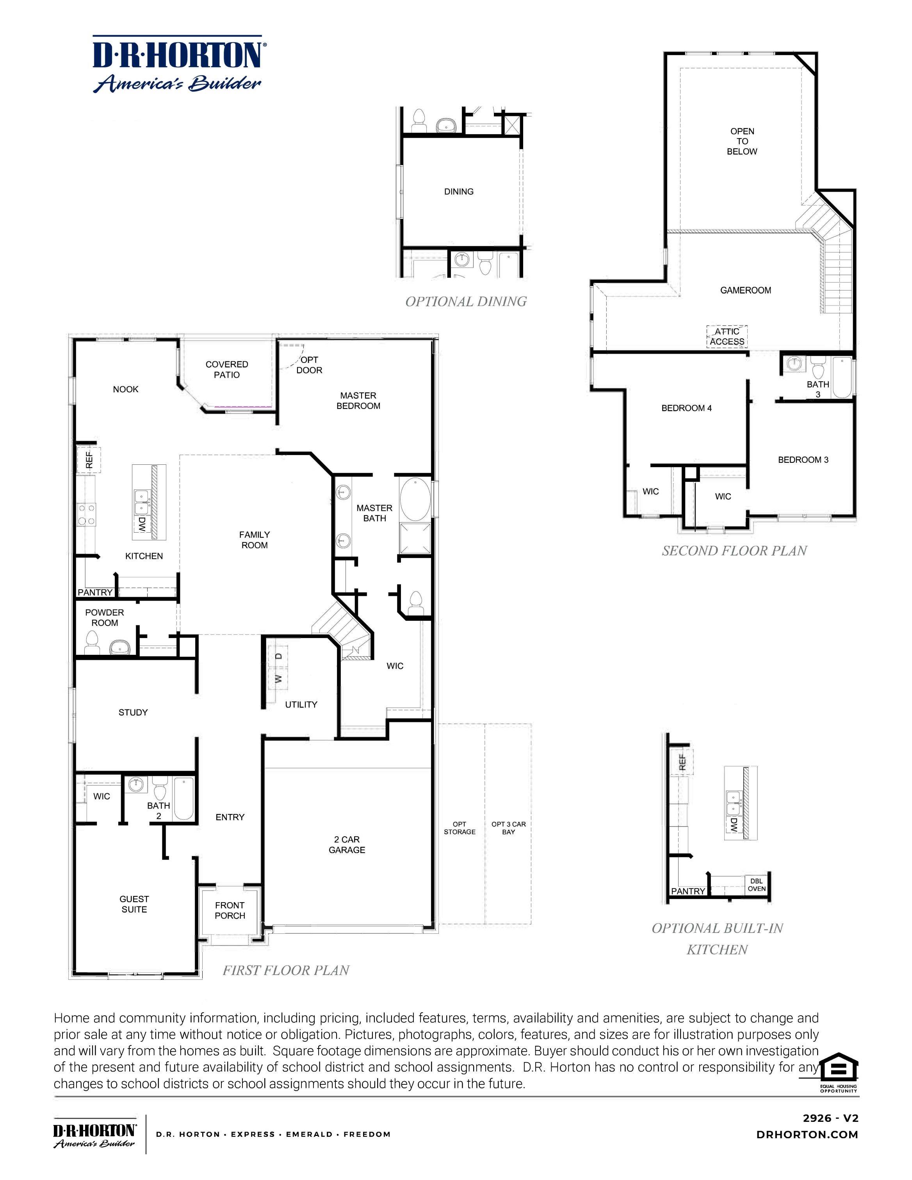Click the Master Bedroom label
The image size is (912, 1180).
(358, 400)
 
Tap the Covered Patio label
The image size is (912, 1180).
(226, 369)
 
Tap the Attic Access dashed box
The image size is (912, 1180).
(727, 336)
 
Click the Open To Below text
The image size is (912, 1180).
(742, 141)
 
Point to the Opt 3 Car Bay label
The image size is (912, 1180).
(508, 828)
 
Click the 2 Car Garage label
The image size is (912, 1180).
(347, 844)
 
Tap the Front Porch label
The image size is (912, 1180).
(230, 910)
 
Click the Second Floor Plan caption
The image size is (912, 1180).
(734, 551)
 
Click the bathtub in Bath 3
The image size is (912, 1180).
(841, 377)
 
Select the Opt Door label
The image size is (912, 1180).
(309, 365)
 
